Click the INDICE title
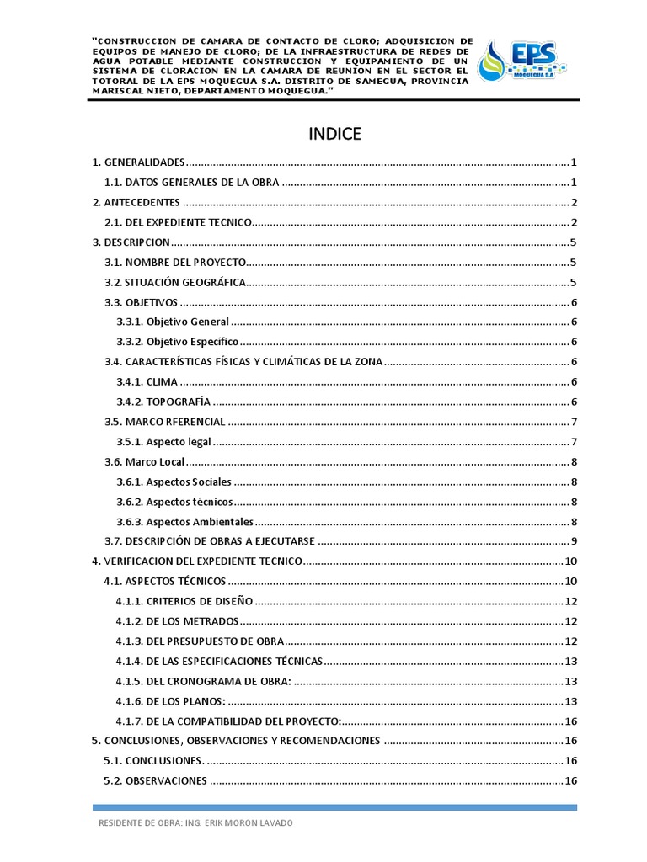coord(334,134)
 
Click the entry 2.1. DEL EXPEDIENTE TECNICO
coord(178,222)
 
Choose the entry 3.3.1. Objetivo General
coord(173,322)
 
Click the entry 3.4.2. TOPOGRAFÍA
coord(163,402)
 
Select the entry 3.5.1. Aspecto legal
coord(163,442)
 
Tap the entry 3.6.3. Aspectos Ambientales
coord(184,522)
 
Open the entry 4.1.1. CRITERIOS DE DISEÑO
coord(185,601)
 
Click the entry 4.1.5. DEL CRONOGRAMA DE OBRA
coord(204,681)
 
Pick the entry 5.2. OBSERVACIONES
coord(155,780)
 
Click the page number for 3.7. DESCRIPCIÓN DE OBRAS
coord(573,541)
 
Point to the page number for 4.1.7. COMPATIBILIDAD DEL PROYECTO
coord(570,721)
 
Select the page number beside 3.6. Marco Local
coord(573,462)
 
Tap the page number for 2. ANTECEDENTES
coord(573,202)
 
